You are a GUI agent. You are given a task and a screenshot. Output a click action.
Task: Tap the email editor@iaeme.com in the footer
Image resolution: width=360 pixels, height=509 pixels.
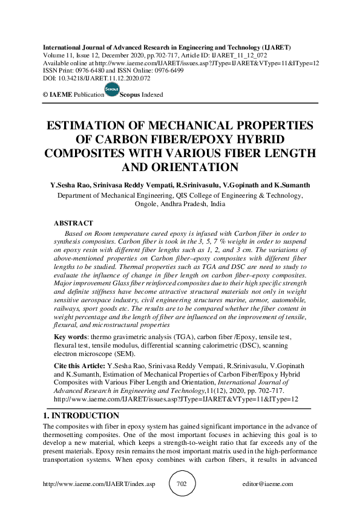[x=267, y=484]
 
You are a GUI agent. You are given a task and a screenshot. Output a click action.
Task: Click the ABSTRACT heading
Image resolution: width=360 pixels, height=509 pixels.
[x=74, y=224]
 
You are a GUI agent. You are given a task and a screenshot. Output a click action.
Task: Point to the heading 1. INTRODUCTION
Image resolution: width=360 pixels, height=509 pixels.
[x=81, y=416]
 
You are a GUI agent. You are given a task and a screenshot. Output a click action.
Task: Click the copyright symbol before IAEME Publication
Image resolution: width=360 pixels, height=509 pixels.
[x=45, y=95]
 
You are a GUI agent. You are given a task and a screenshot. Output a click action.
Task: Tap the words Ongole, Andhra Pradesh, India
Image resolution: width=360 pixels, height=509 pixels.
[x=180, y=204]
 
